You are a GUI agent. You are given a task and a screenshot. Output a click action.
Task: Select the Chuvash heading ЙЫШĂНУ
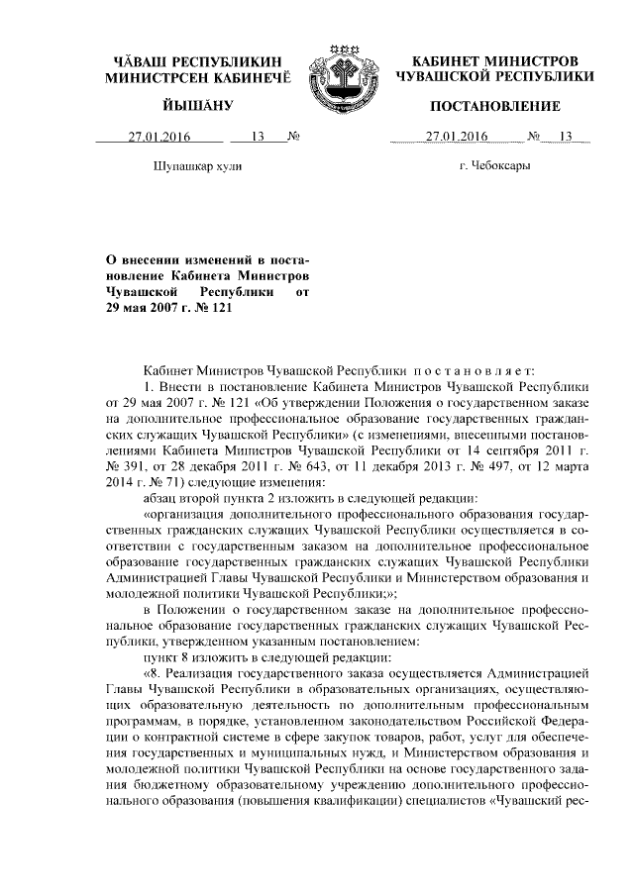click(198, 106)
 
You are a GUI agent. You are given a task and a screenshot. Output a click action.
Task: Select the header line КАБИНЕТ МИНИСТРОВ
click(494, 61)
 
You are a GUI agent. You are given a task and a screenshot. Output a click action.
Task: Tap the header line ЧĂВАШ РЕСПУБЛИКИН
click(198, 61)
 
